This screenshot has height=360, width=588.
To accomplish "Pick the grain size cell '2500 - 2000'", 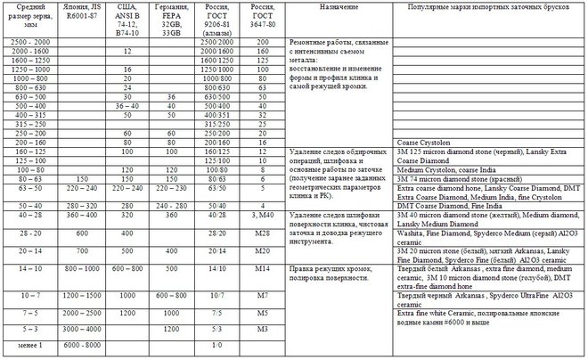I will click(25, 43).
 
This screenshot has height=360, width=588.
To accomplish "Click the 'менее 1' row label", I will click(25, 344).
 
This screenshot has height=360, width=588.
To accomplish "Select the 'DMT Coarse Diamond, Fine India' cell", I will click(446, 205).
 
